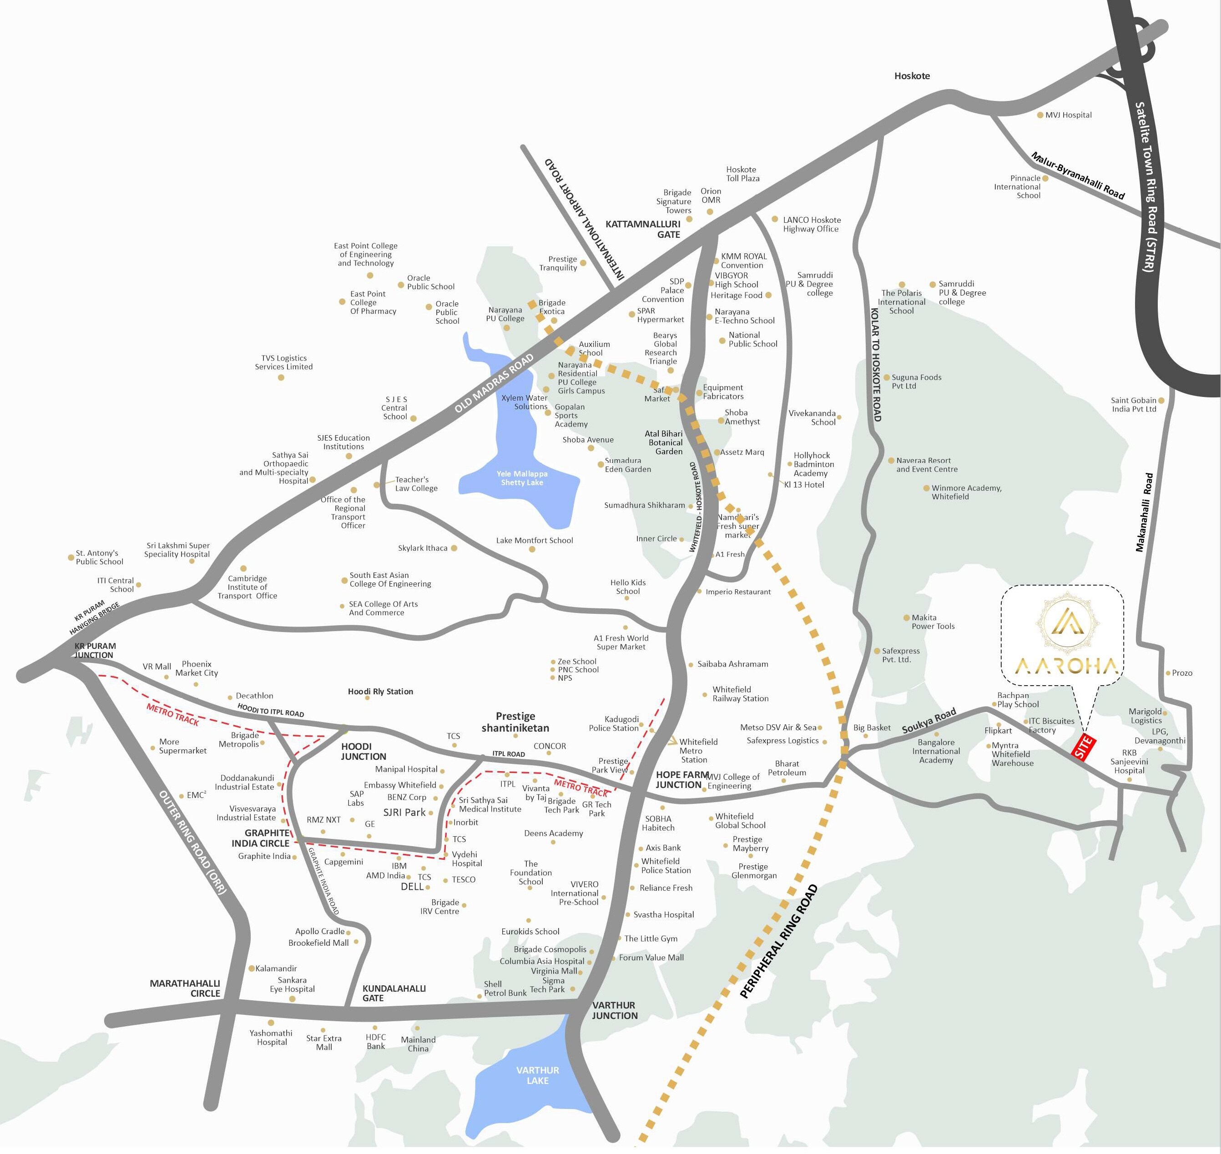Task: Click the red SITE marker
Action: pos(1083,747)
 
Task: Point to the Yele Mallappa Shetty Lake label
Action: pos(522,478)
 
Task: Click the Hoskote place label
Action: pos(912,75)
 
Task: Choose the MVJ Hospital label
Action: pos(1068,115)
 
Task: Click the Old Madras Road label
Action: pos(494,384)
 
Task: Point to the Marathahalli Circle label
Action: pos(185,988)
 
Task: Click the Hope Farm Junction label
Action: pos(678,779)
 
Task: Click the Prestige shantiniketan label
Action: pos(515,722)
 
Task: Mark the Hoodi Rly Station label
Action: pos(380,692)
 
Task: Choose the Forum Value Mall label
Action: pos(651,957)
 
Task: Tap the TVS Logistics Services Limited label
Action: pos(284,362)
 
